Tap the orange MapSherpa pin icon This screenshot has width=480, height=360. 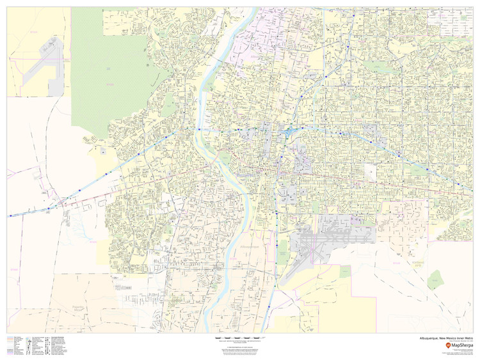[x=430, y=345]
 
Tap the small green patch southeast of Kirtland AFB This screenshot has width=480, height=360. [x=435, y=278]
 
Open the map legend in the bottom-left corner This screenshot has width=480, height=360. [x=38, y=345]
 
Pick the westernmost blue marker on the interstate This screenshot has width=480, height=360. [x=10, y=215]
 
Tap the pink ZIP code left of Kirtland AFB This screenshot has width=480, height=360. [x=397, y=262]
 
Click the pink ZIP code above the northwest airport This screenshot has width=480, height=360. [x=33, y=31]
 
